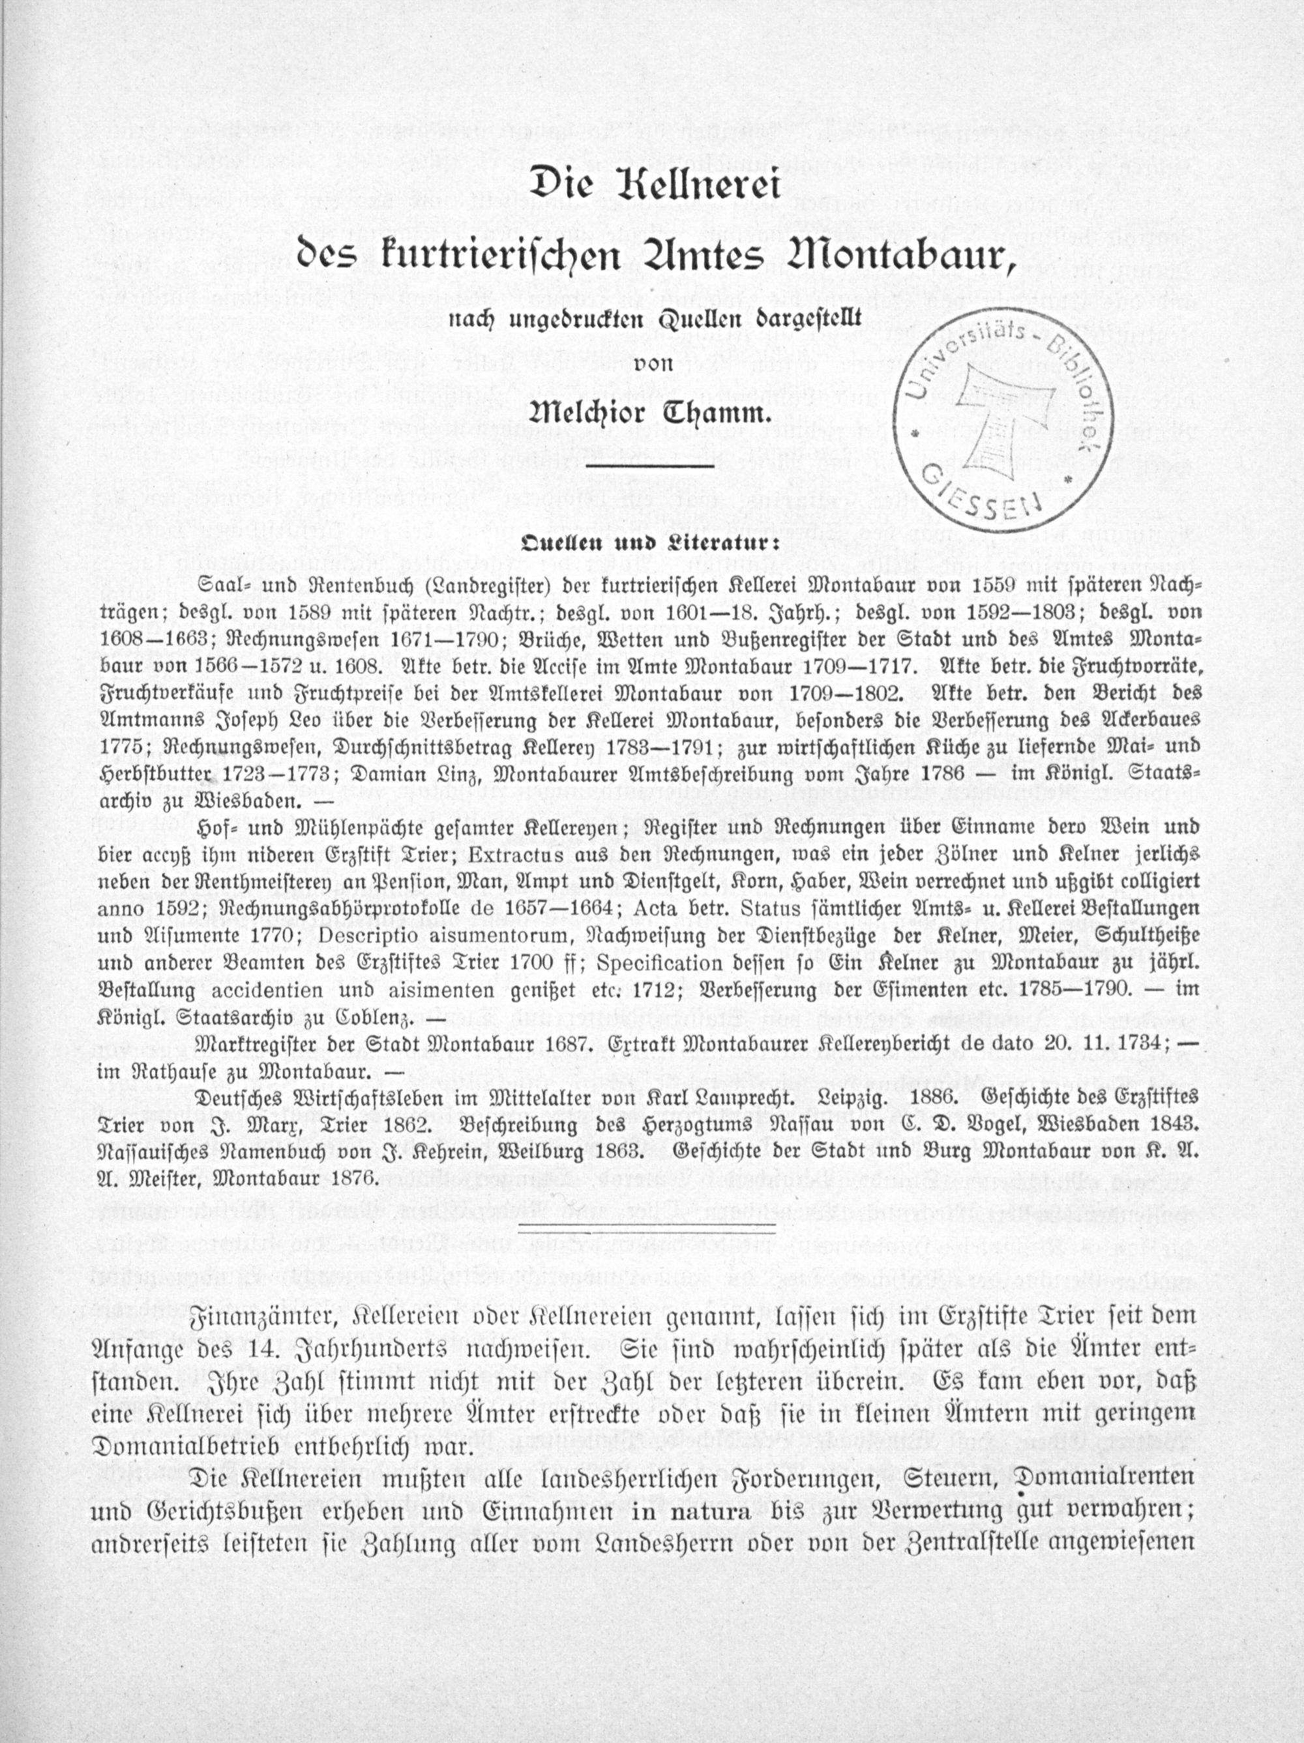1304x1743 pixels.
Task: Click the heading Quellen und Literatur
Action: tap(650, 543)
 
